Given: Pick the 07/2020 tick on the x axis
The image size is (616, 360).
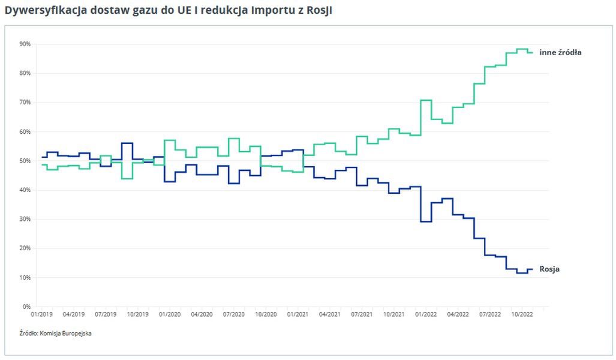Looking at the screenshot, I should (x=234, y=314).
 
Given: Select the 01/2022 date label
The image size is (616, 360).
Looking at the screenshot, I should (x=426, y=314).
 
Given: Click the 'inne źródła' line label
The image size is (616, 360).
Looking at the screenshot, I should (x=560, y=52).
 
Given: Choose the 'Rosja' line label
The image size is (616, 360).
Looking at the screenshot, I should (x=549, y=269).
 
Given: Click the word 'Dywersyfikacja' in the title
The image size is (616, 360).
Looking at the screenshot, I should (x=37, y=11).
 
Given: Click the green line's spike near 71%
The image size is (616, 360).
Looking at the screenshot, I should (x=426, y=100).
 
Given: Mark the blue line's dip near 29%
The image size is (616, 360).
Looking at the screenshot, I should (x=426, y=221).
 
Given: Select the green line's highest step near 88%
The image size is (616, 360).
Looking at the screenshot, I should (x=522, y=49).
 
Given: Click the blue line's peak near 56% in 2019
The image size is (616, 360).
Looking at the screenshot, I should (x=127, y=143).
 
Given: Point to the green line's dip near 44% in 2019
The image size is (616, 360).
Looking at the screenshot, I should (x=127, y=178).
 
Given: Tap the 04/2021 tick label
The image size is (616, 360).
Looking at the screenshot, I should (x=330, y=314).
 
